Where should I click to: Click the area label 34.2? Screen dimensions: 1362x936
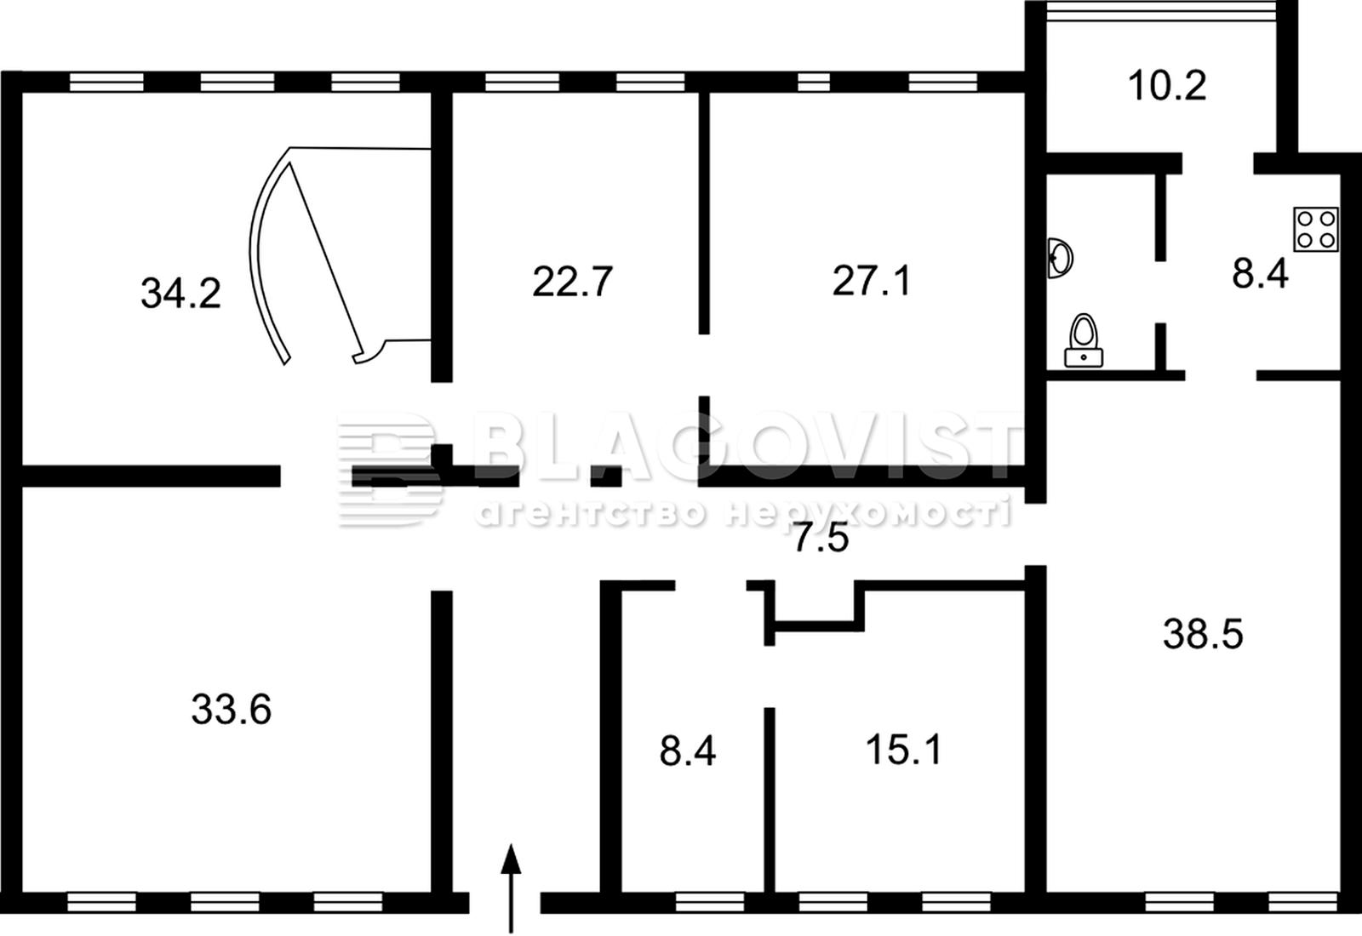[x=180, y=294]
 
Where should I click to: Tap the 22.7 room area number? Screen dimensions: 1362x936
[x=572, y=282]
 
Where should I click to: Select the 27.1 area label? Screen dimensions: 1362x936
[x=872, y=282]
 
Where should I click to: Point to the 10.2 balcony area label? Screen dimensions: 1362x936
[x=1167, y=85]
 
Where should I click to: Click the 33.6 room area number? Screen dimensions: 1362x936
[x=231, y=710]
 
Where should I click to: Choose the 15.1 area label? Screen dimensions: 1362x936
[x=903, y=750]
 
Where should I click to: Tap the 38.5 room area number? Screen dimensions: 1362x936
[x=1203, y=634]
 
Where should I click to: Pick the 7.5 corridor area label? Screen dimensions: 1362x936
[x=821, y=538]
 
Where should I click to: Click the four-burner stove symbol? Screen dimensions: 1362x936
[x=1316, y=229]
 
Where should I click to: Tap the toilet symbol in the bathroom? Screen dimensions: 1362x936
[x=1084, y=341]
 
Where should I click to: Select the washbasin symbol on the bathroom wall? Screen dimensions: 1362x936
[x=1060, y=258]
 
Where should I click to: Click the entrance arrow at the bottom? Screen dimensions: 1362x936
[x=511, y=888]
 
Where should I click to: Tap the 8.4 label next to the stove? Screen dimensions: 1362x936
[x=1260, y=273]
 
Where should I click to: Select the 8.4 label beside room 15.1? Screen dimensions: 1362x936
[x=688, y=751]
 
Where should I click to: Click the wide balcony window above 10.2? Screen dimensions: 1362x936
[x=1161, y=11]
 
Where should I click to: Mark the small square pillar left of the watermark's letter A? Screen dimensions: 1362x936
[x=606, y=476]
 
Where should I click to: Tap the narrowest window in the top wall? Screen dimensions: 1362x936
[x=814, y=82]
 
